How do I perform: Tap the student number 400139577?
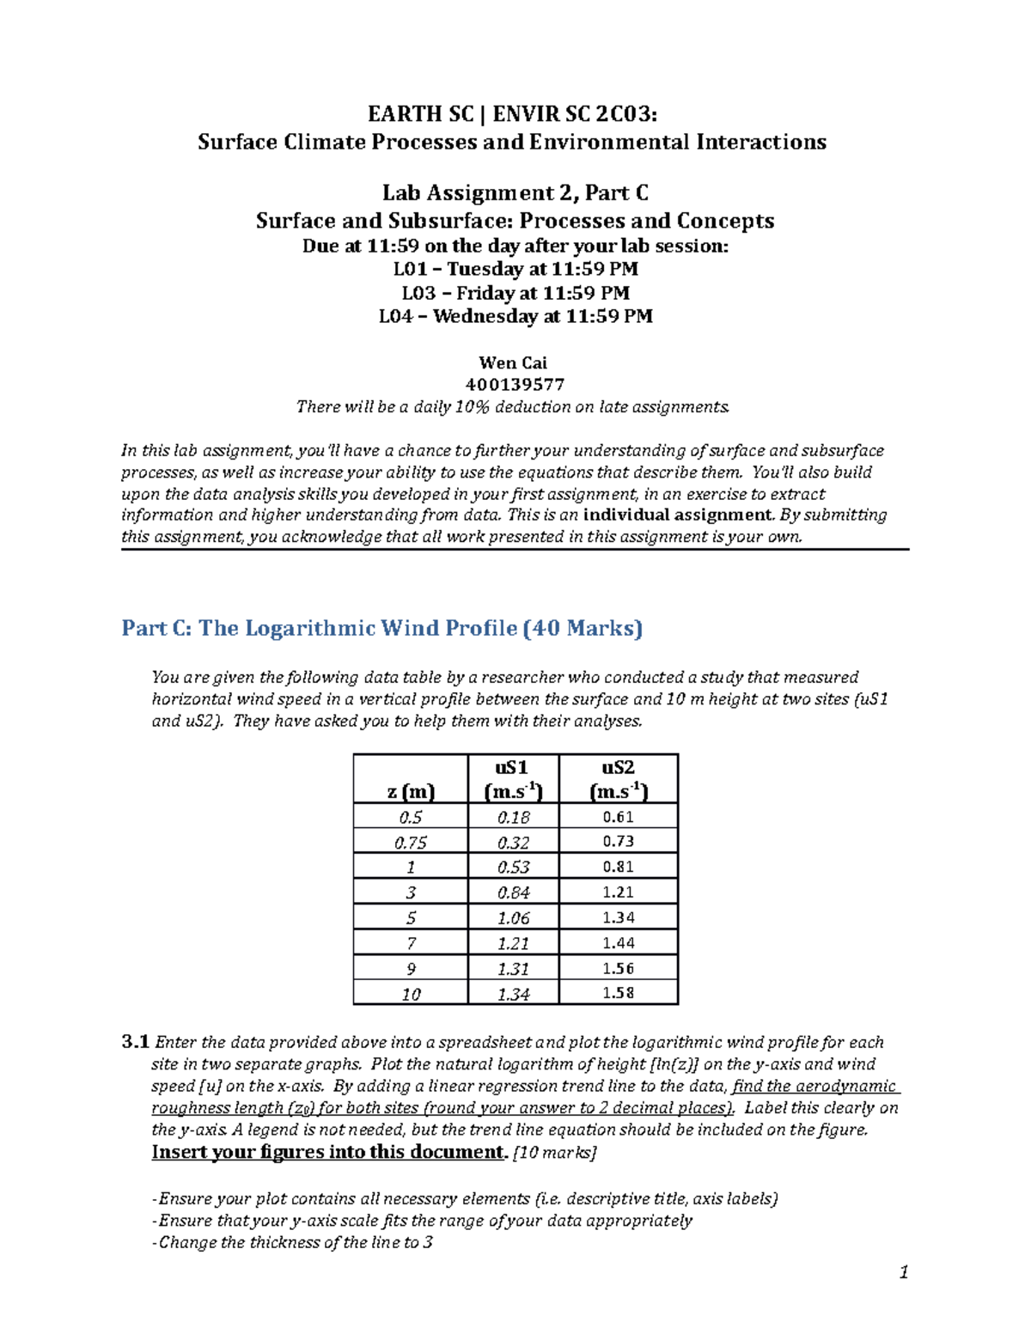click(515, 385)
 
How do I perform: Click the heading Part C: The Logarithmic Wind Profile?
click(381, 629)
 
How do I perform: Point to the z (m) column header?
click(411, 791)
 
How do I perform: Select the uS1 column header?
click(513, 779)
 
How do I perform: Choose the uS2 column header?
click(618, 779)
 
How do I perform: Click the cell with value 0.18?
click(513, 817)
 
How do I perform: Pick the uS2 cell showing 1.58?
click(618, 993)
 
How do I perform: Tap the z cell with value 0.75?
click(411, 843)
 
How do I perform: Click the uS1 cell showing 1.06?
click(513, 918)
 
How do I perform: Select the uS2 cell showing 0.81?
click(618, 867)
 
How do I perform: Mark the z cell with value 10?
click(411, 994)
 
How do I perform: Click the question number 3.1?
click(136, 1042)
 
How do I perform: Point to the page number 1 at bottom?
click(903, 1272)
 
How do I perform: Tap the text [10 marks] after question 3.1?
click(554, 1153)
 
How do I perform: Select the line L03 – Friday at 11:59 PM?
click(515, 293)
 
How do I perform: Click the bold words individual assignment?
click(678, 515)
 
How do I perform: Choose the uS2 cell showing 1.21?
click(618, 892)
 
